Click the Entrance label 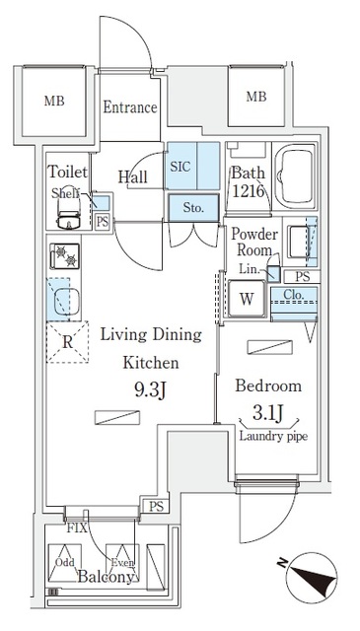[130, 107]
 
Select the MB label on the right [255, 96]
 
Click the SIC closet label [180, 167]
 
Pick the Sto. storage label [192, 208]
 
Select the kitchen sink [65, 300]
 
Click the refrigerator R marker [65, 344]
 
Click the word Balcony [106, 578]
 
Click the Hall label [133, 176]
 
